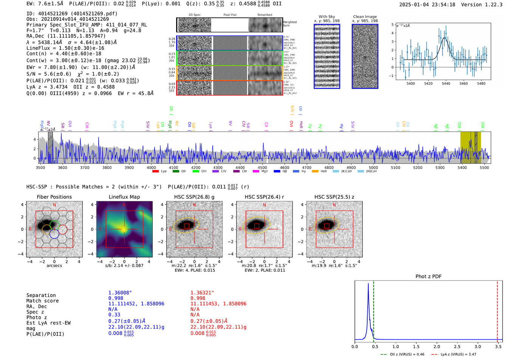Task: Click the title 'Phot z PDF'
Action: coord(428,276)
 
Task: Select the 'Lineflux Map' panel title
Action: coord(124,197)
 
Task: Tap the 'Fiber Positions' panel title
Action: coord(54,197)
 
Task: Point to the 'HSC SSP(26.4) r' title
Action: coord(264,197)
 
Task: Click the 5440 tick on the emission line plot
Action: coord(446,83)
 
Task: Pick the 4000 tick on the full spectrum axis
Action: coord(151,167)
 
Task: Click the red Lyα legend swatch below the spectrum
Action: coord(155,172)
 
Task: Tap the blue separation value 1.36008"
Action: coord(120,293)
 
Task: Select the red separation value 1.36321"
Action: coord(202,293)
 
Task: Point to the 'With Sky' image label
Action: coord(326,17)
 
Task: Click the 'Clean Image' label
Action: coord(365,17)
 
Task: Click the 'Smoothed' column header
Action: coord(264,15)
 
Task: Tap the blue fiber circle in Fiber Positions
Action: coord(54,234)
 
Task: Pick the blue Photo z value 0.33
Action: coord(114,315)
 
